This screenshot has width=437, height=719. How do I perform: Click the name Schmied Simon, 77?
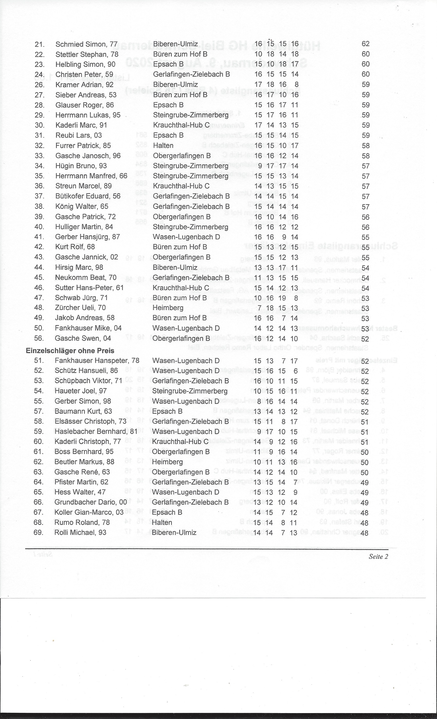[x=86, y=44]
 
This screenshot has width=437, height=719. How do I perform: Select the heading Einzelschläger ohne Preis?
[x=70, y=351]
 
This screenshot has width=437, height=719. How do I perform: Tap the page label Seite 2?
[x=378, y=556]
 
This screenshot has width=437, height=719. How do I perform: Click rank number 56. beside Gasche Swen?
[x=39, y=338]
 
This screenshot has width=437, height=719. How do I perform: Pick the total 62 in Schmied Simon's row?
[x=366, y=44]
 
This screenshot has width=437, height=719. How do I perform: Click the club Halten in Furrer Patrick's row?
[x=163, y=146]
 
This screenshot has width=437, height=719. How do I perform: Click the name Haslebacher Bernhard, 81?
[x=96, y=431]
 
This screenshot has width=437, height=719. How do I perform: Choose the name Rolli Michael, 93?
[x=80, y=532]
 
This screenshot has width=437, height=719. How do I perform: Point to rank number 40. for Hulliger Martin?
[x=39, y=227]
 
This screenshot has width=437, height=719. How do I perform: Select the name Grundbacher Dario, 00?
[x=90, y=502]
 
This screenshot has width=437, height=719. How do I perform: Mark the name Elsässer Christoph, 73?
[x=90, y=421]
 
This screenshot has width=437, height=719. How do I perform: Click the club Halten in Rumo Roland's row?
[x=162, y=522]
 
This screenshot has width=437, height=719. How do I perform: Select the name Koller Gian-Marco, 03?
[x=89, y=512]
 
